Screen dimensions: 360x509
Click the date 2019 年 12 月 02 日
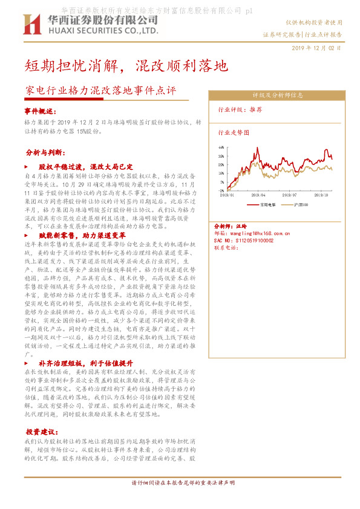pos(316,48)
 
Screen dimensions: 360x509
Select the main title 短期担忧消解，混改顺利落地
pos(126,65)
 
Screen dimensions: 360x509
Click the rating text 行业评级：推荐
pos(240,110)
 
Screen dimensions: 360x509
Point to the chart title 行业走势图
pos(234,131)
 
